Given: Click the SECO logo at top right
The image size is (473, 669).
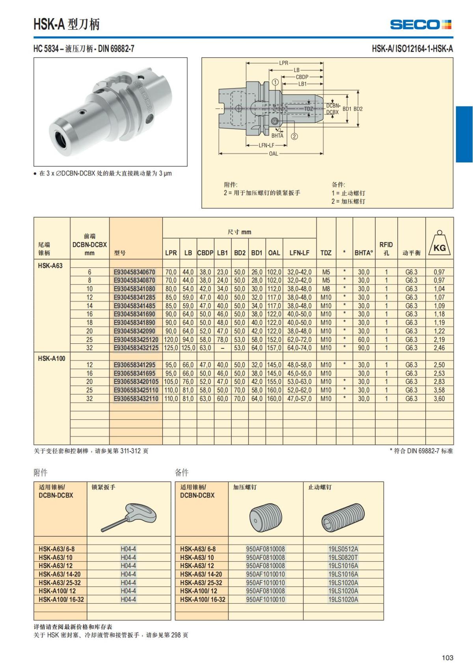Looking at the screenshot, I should [421, 24].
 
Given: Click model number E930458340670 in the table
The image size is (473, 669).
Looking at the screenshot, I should [134, 272].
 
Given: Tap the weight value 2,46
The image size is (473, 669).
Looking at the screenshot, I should [439, 348].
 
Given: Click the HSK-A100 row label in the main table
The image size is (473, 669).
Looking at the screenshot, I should [52, 358].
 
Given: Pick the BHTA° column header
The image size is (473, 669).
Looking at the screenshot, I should [363, 253].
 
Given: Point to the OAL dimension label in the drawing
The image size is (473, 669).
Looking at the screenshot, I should [273, 154].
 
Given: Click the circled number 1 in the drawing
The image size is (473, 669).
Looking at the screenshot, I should [276, 82].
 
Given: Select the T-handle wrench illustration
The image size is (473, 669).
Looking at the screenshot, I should [128, 517].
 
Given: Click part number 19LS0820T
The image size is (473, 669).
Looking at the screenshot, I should [343, 557].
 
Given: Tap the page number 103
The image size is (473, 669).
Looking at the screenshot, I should [447, 658].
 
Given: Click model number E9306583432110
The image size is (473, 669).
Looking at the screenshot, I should [136, 399].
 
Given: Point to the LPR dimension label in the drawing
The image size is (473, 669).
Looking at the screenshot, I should [284, 63].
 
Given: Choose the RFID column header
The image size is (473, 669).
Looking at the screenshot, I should [386, 248].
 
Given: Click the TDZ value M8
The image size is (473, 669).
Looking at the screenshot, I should [326, 289].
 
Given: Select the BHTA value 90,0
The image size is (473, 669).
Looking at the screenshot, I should [363, 348].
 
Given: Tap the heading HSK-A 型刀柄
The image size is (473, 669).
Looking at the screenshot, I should [66, 24].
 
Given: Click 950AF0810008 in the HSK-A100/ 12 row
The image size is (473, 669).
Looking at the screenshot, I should [265, 591].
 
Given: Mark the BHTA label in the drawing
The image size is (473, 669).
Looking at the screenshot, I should [277, 136].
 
